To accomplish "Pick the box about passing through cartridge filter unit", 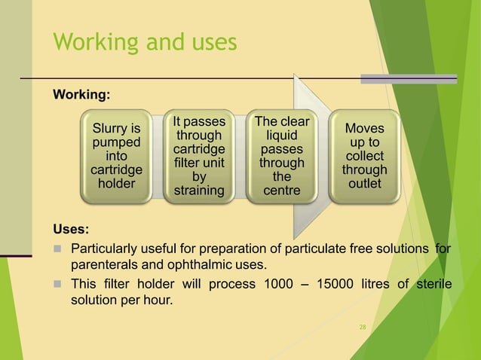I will (199, 156).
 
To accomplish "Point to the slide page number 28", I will (363, 327).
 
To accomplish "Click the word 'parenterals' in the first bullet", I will (103, 266).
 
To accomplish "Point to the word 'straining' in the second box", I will (199, 191).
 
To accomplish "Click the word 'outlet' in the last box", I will (364, 183).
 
